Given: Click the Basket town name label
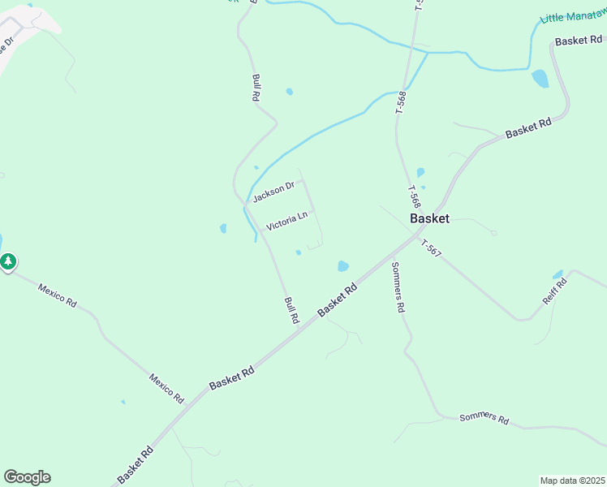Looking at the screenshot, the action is tap(429, 218).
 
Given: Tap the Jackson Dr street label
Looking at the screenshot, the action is tap(273, 192).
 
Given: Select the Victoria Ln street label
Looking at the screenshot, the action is tap(286, 221).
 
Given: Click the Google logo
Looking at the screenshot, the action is tap(27, 477).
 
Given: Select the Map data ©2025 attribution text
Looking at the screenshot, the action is tap(572, 480).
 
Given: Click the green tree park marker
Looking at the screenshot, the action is tap(8, 262).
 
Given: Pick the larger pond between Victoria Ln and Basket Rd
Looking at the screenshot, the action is tap(343, 265).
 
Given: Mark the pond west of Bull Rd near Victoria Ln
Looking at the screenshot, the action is tap(223, 229).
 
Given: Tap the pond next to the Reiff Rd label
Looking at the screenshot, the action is tap(557, 274).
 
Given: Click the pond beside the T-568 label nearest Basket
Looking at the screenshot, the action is tap(420, 172).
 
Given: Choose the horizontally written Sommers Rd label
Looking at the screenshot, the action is tap(484, 419).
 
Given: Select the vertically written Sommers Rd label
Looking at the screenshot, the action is tap(397, 287).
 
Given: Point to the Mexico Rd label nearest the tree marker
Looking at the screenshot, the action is tap(58, 294).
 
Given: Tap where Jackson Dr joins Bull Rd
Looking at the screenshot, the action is tap(246, 203).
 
